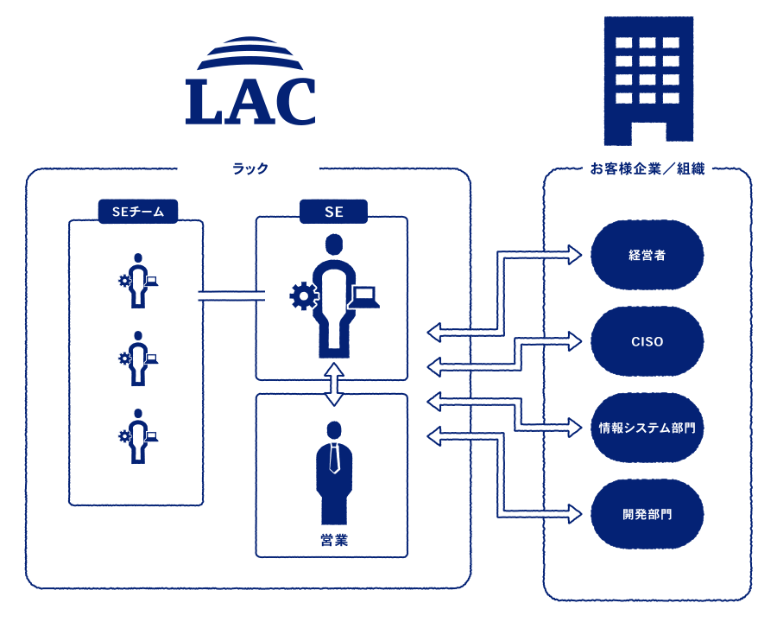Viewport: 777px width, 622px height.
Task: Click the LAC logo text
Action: point(250,102)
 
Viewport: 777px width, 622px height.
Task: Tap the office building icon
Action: point(648,80)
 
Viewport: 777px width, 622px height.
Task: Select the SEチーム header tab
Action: point(138,212)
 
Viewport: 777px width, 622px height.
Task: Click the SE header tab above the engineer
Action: point(333,212)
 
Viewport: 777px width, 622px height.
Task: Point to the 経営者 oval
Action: point(647,255)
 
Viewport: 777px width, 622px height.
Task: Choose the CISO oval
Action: point(647,341)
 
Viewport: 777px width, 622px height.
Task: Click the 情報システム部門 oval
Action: point(647,428)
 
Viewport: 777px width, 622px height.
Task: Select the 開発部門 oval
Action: point(647,514)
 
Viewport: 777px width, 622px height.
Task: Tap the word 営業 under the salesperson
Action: point(334,540)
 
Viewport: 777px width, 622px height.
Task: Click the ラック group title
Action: point(250,168)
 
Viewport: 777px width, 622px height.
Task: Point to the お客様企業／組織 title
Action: point(647,168)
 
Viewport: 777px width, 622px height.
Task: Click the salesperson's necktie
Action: point(334,458)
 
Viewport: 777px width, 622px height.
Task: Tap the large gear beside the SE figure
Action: point(304,296)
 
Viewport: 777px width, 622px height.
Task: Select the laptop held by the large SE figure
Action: point(364,297)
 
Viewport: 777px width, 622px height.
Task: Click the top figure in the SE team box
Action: point(138,281)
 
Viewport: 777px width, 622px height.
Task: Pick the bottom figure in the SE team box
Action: point(138,436)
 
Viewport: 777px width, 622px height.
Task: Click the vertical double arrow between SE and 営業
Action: point(334,384)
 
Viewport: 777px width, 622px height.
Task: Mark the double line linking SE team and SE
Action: point(231,295)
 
